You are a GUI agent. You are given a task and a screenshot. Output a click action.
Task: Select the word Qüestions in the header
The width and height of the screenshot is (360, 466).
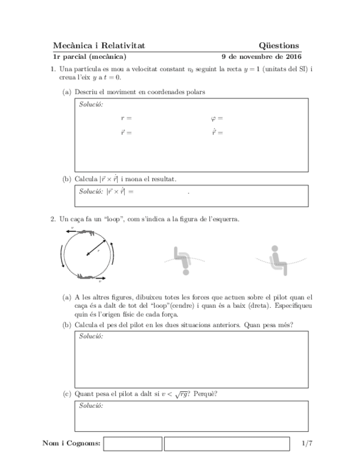(x=279, y=46)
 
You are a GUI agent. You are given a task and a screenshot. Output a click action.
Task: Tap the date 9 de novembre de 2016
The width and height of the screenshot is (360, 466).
(x=261, y=56)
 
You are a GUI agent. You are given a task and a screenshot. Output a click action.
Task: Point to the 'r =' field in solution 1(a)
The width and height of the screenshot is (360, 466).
(x=126, y=118)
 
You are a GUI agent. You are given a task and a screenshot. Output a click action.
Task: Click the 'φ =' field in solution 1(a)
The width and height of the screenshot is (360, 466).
(x=217, y=118)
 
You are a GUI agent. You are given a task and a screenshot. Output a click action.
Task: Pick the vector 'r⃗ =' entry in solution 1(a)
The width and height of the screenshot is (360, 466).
(x=126, y=132)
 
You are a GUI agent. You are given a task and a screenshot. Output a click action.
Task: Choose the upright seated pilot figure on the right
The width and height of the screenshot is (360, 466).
(x=279, y=259)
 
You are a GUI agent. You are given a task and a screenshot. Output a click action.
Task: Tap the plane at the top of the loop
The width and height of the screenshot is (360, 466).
(x=87, y=233)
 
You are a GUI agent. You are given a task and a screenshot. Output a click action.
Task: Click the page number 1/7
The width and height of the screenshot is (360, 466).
(x=306, y=443)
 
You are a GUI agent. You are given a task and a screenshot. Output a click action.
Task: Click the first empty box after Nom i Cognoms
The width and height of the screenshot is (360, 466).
(x=132, y=443)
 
